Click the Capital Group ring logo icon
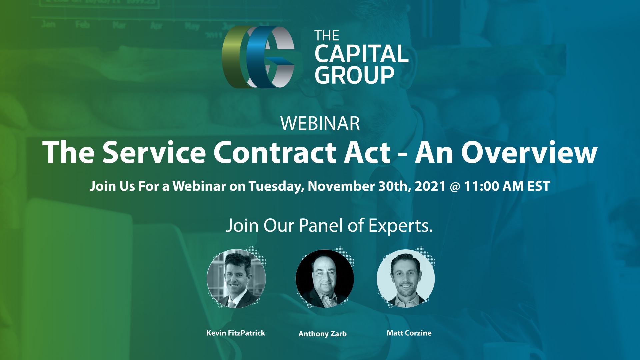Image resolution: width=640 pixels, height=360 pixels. pyautogui.click(x=258, y=57)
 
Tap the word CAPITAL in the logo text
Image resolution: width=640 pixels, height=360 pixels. pyautogui.click(x=361, y=54)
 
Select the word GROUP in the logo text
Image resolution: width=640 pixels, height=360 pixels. pyautogui.click(x=354, y=75)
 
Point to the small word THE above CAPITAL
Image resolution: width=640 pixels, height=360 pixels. pyautogui.click(x=327, y=36)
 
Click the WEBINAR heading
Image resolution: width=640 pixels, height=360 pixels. pyautogui.click(x=320, y=123)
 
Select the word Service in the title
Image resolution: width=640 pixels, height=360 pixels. pyautogui.click(x=154, y=152)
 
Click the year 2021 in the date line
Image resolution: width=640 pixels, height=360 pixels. pyautogui.click(x=430, y=186)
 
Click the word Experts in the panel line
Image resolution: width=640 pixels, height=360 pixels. pyautogui.click(x=400, y=226)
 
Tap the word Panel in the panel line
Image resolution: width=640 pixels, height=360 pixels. pyautogui.click(x=321, y=225)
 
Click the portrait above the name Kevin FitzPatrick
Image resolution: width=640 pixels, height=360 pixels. pyautogui.click(x=236, y=279)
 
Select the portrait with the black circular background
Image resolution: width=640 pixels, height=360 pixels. pyautogui.click(x=325, y=279)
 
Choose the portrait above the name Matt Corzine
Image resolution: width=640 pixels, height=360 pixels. pyautogui.click(x=406, y=279)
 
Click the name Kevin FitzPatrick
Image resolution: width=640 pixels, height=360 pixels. pyautogui.click(x=236, y=333)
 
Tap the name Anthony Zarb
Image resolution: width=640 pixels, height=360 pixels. pyautogui.click(x=323, y=334)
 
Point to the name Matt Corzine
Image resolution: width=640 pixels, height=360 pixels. pyautogui.click(x=409, y=333)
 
